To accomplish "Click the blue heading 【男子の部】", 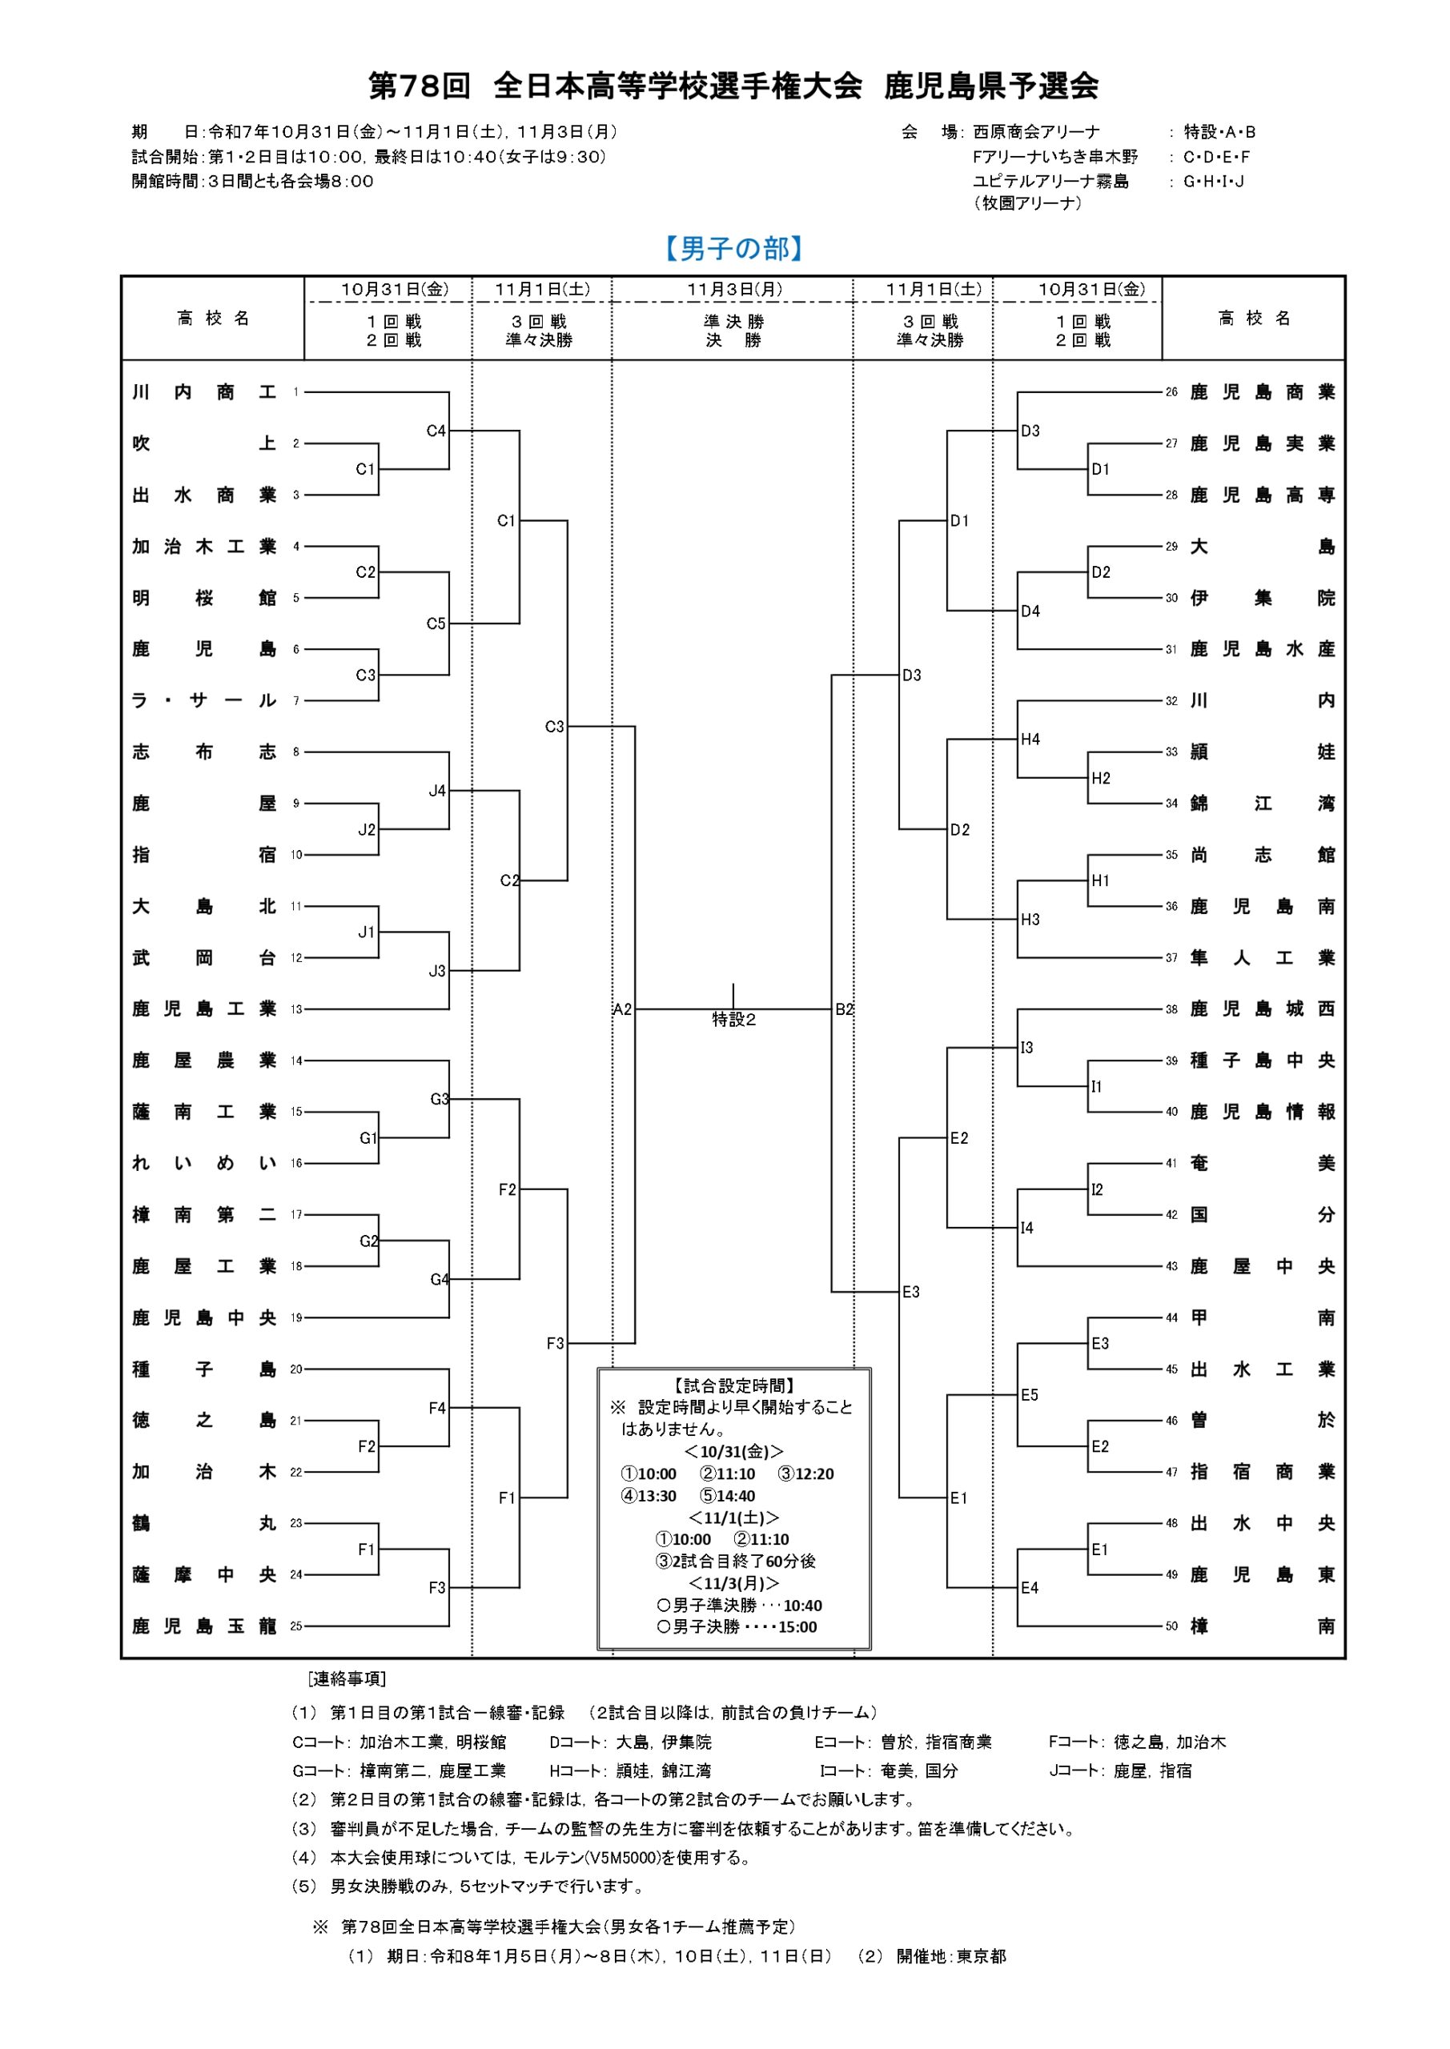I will (733, 248).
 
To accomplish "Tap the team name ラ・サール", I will (203, 700).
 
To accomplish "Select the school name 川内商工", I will (203, 391).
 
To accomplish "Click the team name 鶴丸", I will (203, 1523).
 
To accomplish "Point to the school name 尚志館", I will (1262, 855).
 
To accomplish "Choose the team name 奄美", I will (1262, 1164).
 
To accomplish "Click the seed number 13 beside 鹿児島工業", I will (296, 1009).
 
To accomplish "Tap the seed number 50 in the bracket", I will (1171, 1626).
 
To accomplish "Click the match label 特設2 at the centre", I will (734, 1019).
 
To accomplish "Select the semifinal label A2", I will (622, 1009).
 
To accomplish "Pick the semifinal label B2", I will (844, 1009).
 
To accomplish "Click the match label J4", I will (436, 791).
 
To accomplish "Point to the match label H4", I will (1030, 739).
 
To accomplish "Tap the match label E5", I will (1030, 1395).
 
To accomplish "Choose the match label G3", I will (440, 1099).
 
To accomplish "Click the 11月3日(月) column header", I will (734, 289).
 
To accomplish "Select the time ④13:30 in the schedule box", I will (649, 1496).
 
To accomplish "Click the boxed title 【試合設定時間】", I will (734, 1386).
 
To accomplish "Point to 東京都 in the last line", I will (982, 1956).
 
